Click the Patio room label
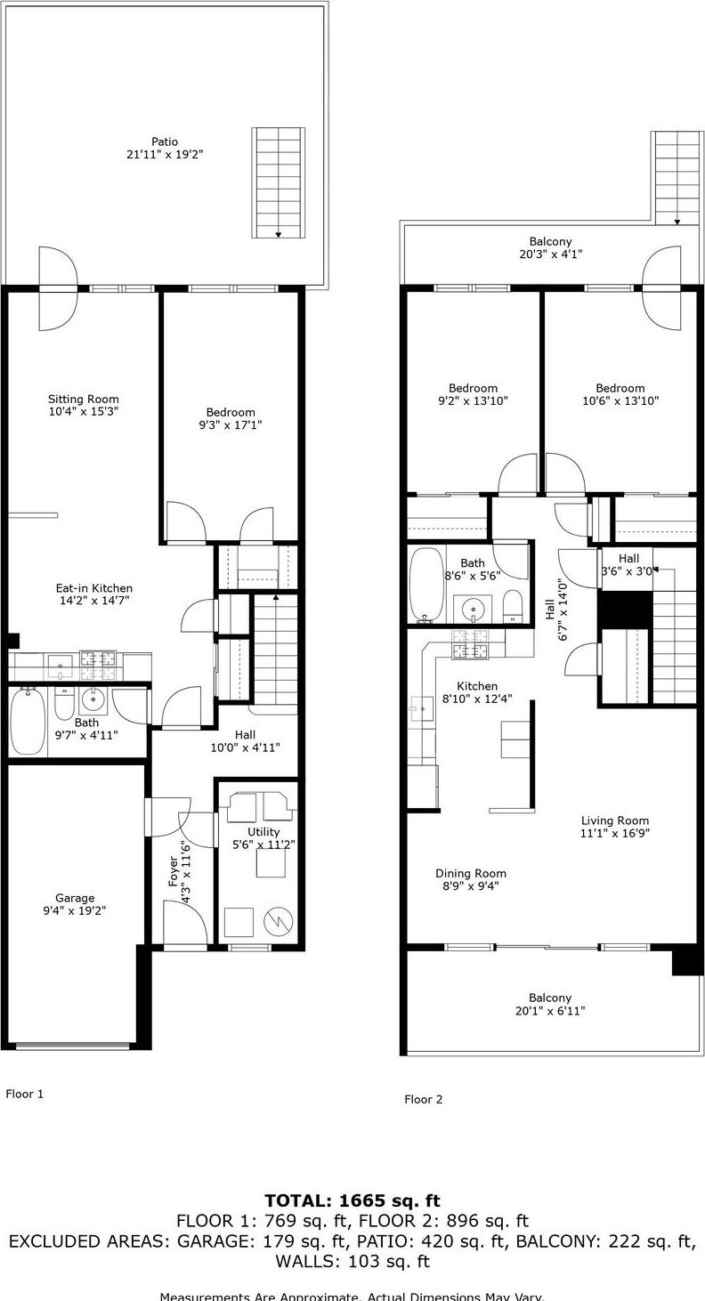165,141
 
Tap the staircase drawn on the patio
279,182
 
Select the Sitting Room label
83,400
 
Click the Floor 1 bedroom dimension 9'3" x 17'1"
231,425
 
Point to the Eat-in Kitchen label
93,588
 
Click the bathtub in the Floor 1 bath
26,721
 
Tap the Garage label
75,898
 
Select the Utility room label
263,832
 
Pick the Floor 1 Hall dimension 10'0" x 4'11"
245,747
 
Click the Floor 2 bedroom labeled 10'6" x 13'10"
620,388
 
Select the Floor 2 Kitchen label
477,686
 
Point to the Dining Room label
471,873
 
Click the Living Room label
615,820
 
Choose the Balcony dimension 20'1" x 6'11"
550,1011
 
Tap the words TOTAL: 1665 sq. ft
352,1201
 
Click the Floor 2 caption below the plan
423,1099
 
